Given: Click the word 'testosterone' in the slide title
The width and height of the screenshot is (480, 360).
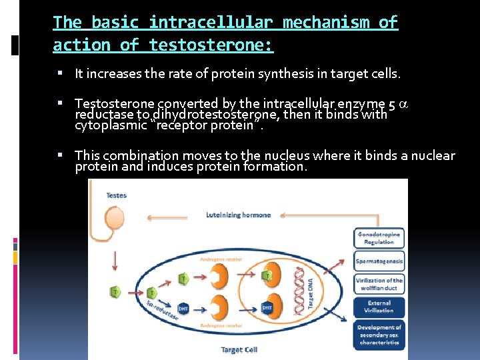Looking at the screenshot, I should pyautogui.click(x=211, y=45).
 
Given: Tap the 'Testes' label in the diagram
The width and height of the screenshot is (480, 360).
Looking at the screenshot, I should pyautogui.click(x=116, y=195).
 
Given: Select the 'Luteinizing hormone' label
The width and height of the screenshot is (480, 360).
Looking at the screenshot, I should pyautogui.click(x=238, y=215).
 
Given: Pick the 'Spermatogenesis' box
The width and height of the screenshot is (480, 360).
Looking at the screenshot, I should pyautogui.click(x=379, y=261).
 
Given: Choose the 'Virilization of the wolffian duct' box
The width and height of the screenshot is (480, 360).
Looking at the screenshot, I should pyautogui.click(x=379, y=284).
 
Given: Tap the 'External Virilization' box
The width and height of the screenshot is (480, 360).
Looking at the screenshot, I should pyautogui.click(x=379, y=306).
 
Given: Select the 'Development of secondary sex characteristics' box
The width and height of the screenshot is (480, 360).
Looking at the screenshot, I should pyautogui.click(x=379, y=335).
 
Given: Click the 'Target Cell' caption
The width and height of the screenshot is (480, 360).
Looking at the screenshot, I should pyautogui.click(x=238, y=349).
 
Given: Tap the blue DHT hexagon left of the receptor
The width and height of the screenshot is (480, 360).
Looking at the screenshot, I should pyautogui.click(x=183, y=308).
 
